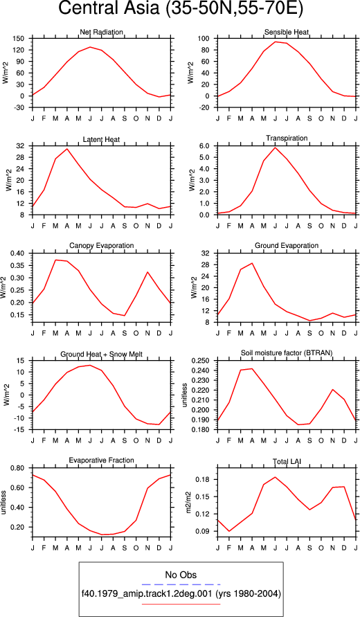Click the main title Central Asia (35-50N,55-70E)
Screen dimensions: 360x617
coord(181,9)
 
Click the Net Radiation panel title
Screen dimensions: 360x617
coord(102,32)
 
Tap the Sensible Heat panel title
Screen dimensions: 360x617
coord(287,32)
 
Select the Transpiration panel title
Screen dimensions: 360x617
coord(287,138)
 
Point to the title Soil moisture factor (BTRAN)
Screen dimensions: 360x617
coord(287,353)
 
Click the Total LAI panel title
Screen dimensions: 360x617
coord(287,460)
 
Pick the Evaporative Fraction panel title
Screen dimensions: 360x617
coord(102,460)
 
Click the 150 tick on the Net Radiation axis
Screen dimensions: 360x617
coord(19,39)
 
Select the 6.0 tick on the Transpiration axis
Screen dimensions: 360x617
coord(206,145)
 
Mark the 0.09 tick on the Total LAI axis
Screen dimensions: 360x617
coord(204,531)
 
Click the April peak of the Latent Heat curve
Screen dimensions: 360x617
coord(67,149)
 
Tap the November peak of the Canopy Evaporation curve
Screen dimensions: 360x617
coord(148,272)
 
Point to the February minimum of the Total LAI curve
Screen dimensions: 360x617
coord(229,531)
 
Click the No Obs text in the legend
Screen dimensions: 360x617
coord(181,575)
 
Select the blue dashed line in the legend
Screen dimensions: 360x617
coord(181,584)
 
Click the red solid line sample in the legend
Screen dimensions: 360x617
coord(181,604)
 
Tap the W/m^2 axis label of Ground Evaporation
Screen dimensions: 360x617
coord(194,287)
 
